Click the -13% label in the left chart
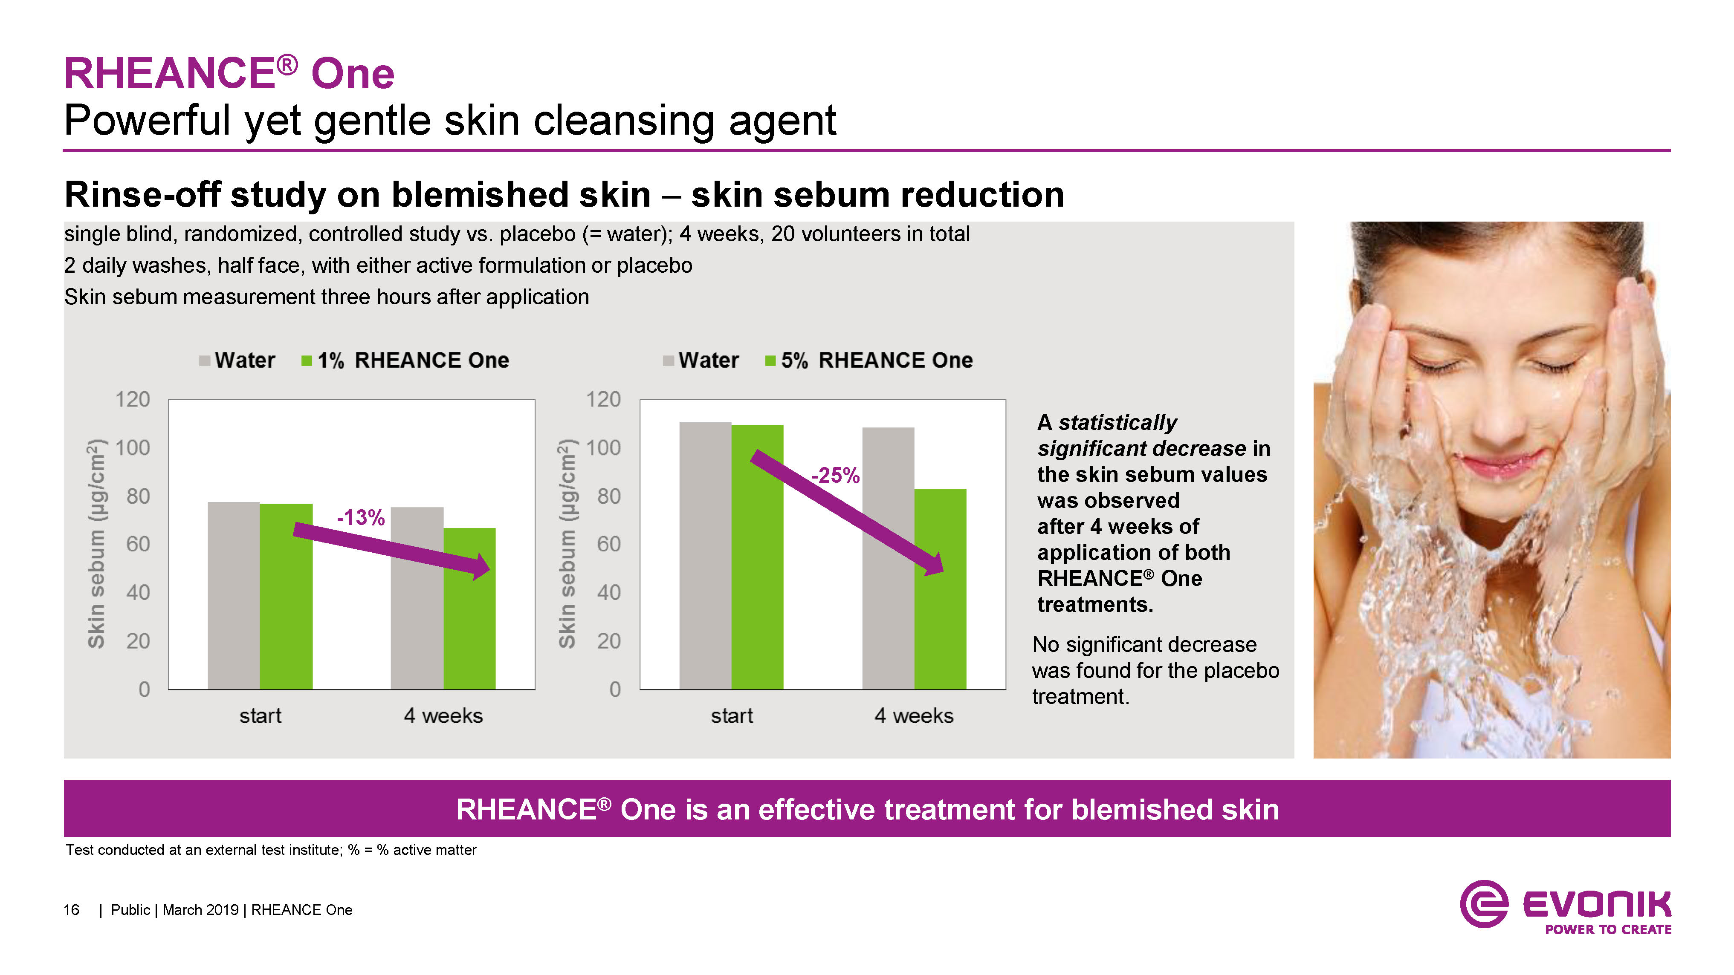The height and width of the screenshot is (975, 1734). pyautogui.click(x=361, y=517)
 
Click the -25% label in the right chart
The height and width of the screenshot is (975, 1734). pyautogui.click(x=835, y=476)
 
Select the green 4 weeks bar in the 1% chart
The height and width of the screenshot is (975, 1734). pyautogui.click(x=469, y=608)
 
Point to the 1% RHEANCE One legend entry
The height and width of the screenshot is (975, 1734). pyautogui.click(x=405, y=361)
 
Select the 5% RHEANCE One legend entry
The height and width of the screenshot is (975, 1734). pyautogui.click(x=869, y=361)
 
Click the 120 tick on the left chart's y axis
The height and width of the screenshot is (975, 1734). pyautogui.click(x=133, y=400)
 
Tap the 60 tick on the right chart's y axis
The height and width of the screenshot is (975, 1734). pyautogui.click(x=608, y=544)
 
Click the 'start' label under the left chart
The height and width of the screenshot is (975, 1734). pyautogui.click(x=261, y=716)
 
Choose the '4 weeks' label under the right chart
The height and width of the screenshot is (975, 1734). pyautogui.click(x=914, y=716)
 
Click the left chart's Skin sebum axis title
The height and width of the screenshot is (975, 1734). pyautogui.click(x=96, y=544)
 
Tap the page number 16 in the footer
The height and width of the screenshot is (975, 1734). pyautogui.click(x=71, y=910)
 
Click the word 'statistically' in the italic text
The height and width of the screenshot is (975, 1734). pyautogui.click(x=1117, y=423)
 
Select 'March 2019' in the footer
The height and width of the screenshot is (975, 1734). pyautogui.click(x=200, y=910)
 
